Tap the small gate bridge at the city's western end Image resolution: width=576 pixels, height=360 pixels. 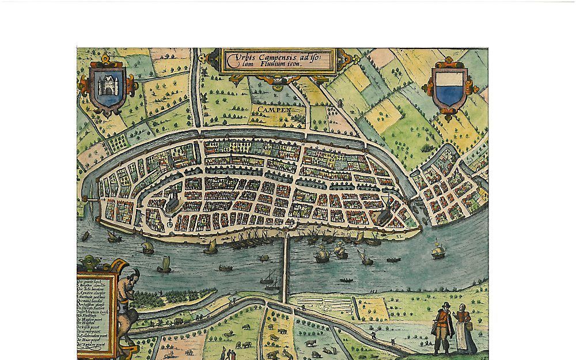[88, 198]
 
